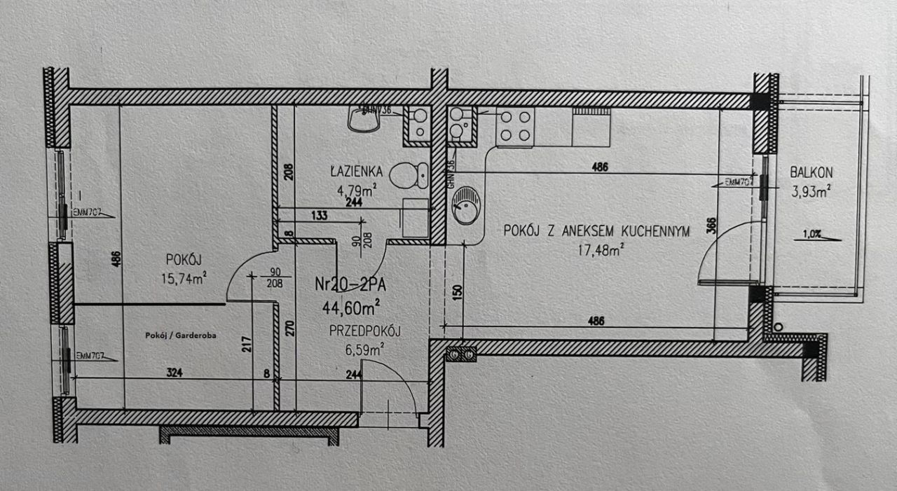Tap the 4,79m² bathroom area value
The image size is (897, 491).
click(x=357, y=187)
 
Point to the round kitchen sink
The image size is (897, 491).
click(x=465, y=205)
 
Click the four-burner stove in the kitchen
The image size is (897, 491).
click(x=515, y=126)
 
